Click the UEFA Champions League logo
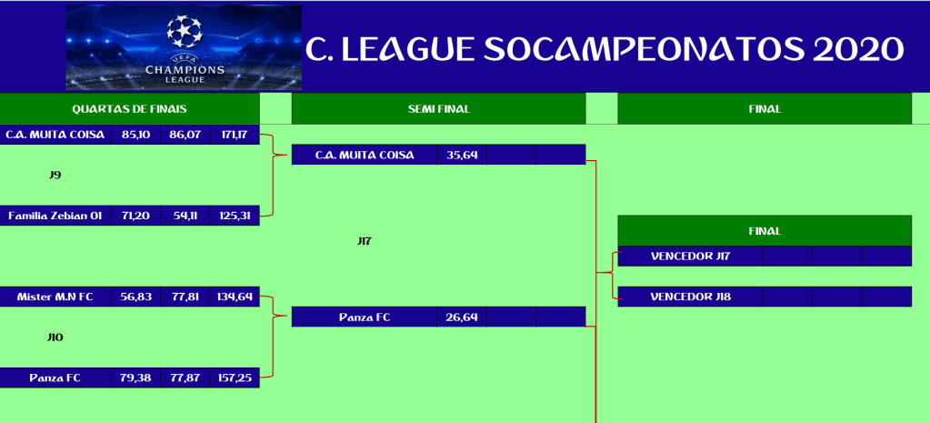pos(184,47)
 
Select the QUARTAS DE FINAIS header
pos(129,109)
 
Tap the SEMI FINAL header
pos(438,109)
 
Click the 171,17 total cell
pos(235,135)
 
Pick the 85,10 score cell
pos(135,135)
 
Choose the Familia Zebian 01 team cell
pos(55,216)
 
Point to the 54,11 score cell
pos(185,216)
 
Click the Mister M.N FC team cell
pos(55,297)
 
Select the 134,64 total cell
pos(235,297)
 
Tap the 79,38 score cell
pos(135,378)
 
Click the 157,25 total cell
pos(235,378)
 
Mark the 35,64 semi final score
pos(462,156)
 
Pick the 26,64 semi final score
pos(462,317)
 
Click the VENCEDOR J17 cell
pos(690,257)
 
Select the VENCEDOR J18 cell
pos(690,297)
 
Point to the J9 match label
pos(55,175)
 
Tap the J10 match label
pos(55,337)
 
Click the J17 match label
pos(365,241)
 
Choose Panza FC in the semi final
pos(365,317)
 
